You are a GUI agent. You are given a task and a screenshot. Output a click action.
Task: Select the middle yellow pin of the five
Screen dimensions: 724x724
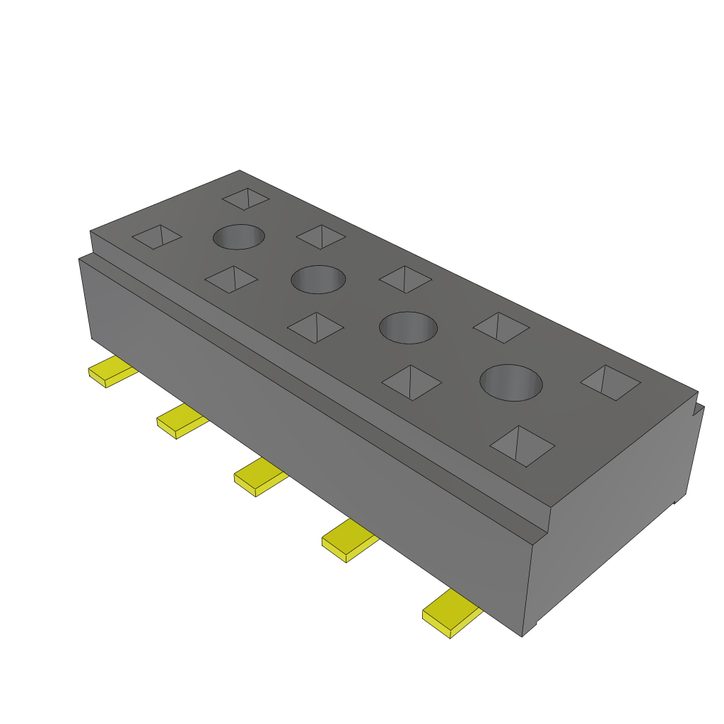pyautogui.click(x=259, y=477)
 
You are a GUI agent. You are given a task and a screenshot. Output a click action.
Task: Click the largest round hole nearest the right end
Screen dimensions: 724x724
pyautogui.click(x=510, y=383)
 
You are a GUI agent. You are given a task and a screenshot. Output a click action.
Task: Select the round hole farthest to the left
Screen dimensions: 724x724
pyautogui.click(x=239, y=237)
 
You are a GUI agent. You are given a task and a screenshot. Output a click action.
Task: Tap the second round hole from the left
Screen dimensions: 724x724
pyautogui.click(x=318, y=279)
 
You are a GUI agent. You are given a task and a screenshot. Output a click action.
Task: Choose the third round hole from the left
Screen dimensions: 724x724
pyautogui.click(x=408, y=327)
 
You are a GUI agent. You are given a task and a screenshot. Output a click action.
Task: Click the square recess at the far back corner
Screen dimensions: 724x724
pyautogui.click(x=245, y=199)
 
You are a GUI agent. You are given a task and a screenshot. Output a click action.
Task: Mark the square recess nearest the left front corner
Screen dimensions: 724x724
pyautogui.click(x=157, y=237)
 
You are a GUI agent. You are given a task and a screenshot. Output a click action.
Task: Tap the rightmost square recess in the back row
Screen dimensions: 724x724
pyautogui.click(x=610, y=383)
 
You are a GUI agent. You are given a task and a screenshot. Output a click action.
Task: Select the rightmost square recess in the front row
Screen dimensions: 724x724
pyautogui.click(x=522, y=446)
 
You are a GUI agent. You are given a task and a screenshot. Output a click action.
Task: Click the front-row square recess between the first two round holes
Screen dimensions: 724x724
pyautogui.click(x=231, y=279)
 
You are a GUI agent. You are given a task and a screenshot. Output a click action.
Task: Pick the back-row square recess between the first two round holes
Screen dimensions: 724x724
pyautogui.click(x=321, y=236)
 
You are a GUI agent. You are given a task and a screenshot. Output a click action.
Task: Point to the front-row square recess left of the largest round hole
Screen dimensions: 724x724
pyautogui.click(x=411, y=383)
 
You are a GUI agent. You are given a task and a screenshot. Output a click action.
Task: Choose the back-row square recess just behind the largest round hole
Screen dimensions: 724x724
pyautogui.click(x=501, y=327)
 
